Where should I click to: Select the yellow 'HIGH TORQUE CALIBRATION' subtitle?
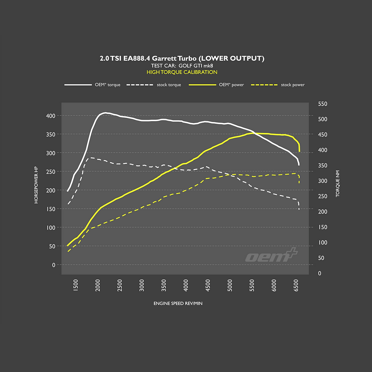[x=182, y=72]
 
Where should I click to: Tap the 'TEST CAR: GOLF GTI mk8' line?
[x=182, y=65]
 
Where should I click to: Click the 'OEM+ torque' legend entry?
[x=107, y=85]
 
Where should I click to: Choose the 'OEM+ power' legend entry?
[x=231, y=85]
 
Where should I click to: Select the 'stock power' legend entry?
[x=293, y=85]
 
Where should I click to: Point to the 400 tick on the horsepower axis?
[x=50, y=116]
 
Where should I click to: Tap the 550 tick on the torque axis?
[x=323, y=104]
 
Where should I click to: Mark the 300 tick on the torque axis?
[x=323, y=181]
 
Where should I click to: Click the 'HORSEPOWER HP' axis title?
[x=36, y=185]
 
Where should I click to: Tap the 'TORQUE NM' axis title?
[x=338, y=185]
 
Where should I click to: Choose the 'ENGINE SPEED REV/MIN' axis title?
[x=178, y=303]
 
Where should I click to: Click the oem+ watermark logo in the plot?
[x=271, y=255]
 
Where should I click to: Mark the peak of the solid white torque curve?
[x=105, y=113]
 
